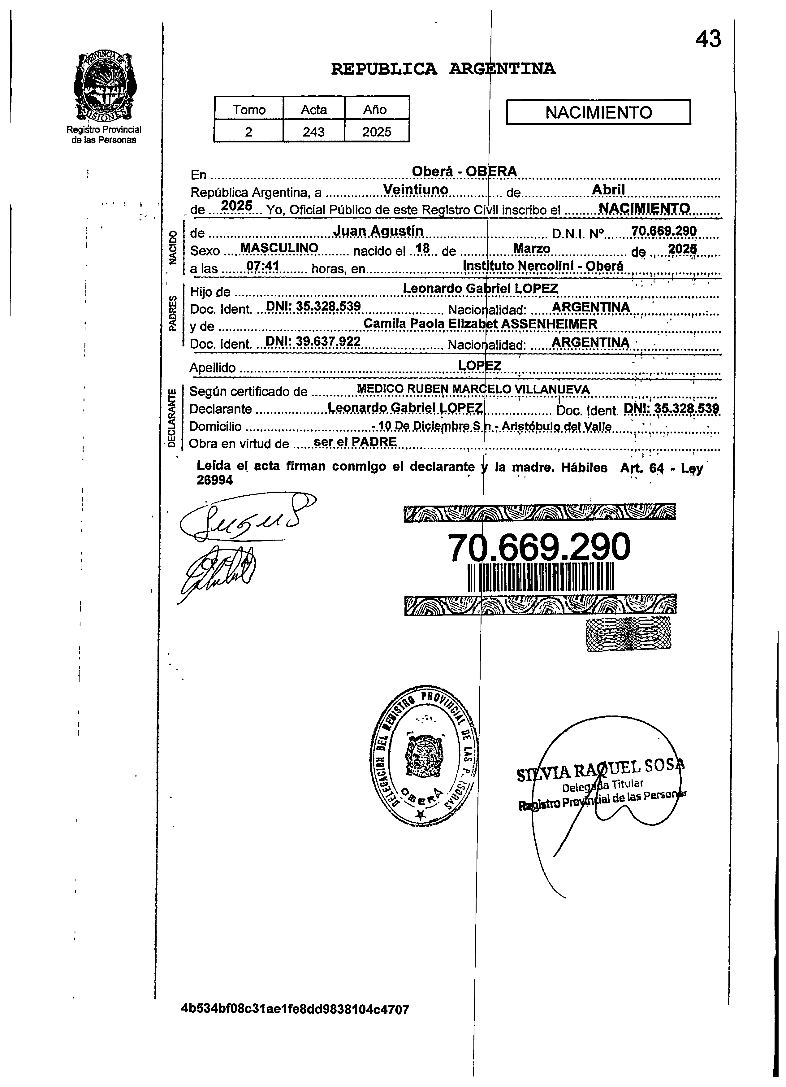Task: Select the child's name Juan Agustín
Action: (x=378, y=231)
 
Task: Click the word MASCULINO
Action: (x=279, y=248)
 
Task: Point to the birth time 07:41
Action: (x=262, y=266)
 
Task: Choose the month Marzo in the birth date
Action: (x=532, y=249)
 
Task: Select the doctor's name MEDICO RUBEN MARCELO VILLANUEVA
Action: (x=473, y=390)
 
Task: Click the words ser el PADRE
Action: (x=354, y=442)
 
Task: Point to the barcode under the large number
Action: (x=539, y=576)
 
